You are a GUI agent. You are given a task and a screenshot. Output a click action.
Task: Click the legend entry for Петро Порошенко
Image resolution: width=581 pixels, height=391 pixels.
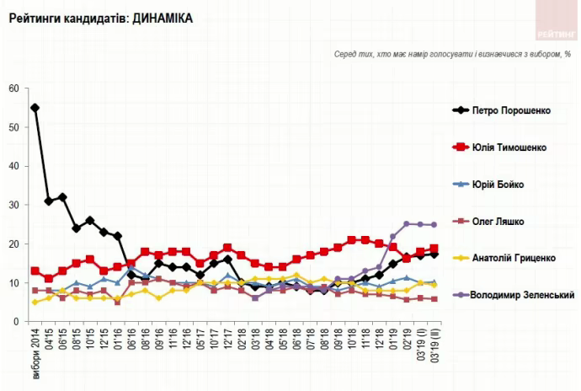click(x=512, y=110)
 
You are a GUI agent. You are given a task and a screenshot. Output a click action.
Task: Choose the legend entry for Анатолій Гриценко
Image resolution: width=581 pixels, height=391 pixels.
click(x=514, y=258)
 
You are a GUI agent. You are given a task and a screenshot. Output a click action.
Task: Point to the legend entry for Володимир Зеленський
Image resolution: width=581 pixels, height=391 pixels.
click(x=521, y=295)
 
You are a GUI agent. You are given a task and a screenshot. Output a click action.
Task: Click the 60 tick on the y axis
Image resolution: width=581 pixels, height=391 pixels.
click(x=13, y=88)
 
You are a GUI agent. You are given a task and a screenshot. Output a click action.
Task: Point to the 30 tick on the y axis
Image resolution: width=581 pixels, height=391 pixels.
click(x=13, y=205)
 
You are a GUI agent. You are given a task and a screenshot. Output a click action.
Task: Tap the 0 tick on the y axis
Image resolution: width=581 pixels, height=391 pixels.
click(x=16, y=322)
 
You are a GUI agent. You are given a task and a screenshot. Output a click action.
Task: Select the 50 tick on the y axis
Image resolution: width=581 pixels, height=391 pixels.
click(x=13, y=127)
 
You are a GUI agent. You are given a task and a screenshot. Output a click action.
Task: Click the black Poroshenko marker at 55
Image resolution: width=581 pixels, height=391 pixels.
click(x=35, y=108)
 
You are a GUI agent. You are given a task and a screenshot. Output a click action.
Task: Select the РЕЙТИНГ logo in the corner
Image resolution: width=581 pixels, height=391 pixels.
click(x=555, y=23)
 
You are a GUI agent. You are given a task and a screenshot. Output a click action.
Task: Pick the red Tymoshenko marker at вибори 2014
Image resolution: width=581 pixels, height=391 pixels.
click(x=35, y=271)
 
